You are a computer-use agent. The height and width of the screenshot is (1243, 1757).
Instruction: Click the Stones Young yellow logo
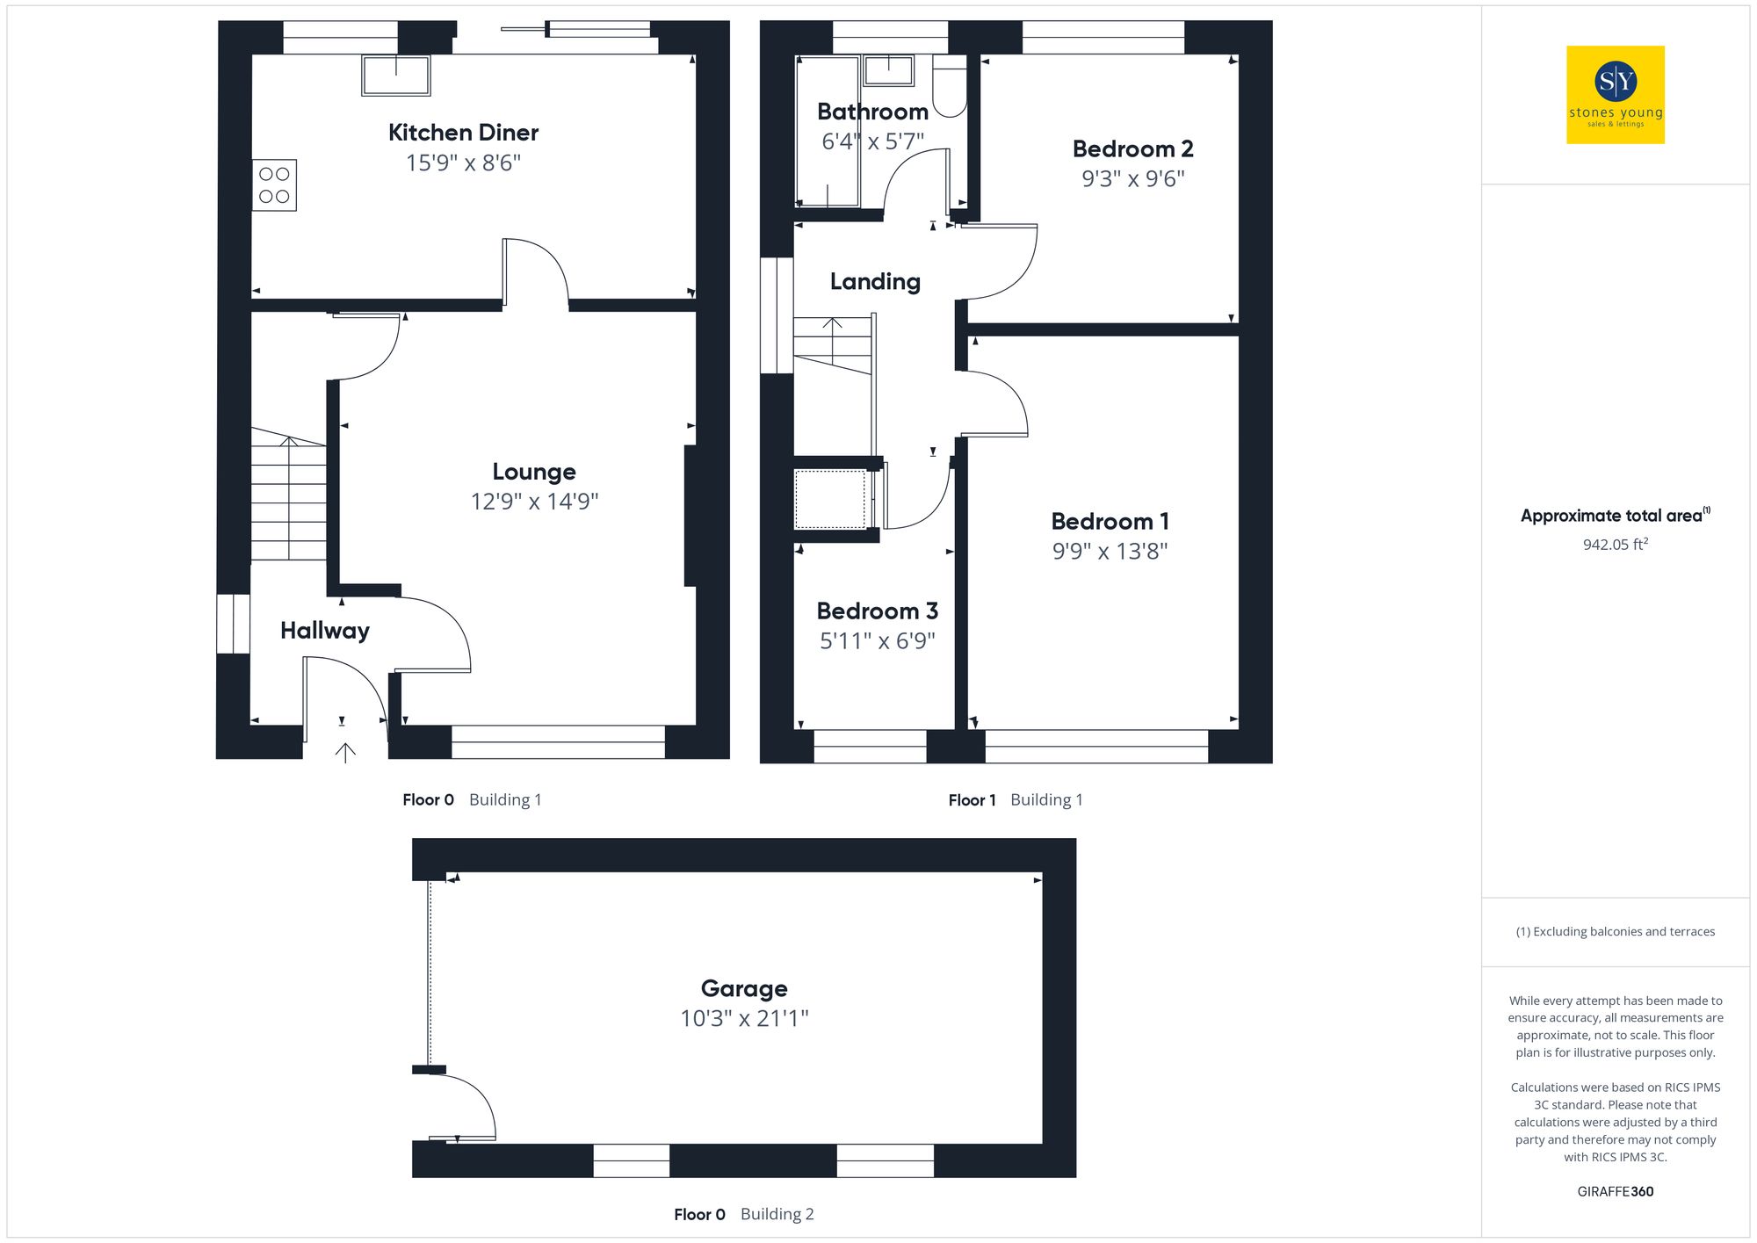[1615, 95]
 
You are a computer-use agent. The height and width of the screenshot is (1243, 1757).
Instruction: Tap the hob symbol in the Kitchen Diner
[274, 185]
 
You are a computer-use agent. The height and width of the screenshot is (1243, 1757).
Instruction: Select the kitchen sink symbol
[396, 76]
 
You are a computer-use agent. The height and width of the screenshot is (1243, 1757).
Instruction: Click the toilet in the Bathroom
[949, 88]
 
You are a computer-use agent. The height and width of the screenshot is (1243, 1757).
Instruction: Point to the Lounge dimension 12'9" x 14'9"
[534, 502]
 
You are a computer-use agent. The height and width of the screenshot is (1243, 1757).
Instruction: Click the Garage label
[744, 988]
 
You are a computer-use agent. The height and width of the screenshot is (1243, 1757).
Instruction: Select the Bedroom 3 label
[877, 611]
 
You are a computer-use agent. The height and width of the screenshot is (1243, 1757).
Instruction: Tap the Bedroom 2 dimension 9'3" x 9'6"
[1132, 179]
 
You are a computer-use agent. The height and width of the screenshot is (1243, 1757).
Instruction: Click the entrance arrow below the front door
[345, 752]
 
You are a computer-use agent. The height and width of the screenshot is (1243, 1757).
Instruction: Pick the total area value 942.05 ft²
[1615, 545]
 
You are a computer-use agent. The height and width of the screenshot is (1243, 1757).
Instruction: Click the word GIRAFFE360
[1615, 1191]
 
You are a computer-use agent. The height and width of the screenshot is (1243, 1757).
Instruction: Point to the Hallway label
[324, 631]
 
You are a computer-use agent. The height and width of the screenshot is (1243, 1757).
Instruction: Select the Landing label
[875, 281]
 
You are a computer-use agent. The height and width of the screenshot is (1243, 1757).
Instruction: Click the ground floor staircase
[288, 496]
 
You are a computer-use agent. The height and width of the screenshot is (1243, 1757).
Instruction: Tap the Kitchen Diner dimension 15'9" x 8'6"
[463, 163]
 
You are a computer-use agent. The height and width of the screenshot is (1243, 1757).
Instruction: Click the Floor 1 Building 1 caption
[1015, 799]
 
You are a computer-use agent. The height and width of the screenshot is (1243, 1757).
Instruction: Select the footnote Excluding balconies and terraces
[1615, 931]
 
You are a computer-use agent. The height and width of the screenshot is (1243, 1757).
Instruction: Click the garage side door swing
[466, 1107]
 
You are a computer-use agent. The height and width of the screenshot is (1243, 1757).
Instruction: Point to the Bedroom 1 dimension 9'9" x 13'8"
[1110, 552]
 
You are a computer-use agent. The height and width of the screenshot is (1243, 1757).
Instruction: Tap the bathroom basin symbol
[888, 70]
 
